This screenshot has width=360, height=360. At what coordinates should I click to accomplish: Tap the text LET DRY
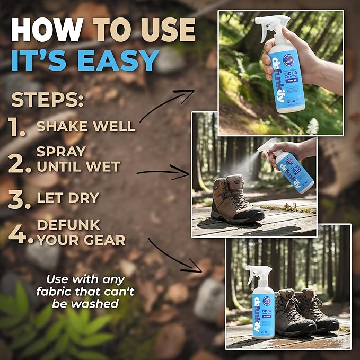pos(68,198)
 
